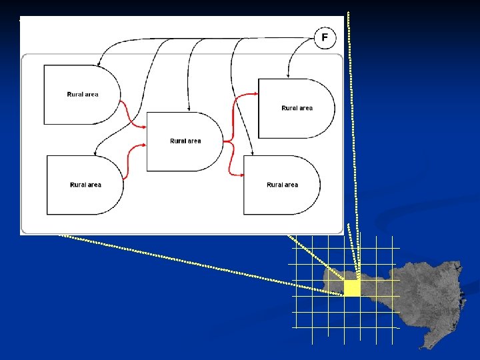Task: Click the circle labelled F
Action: coord(325,37)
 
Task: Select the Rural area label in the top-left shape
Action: coord(83,95)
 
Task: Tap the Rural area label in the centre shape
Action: coord(185,141)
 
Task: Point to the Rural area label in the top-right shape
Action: coord(297,108)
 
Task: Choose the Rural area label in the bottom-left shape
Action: coord(85,185)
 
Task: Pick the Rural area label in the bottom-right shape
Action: coord(282,185)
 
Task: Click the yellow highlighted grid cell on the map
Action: coord(352,288)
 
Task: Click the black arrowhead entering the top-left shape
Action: coord(98,64)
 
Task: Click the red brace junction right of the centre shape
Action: coord(227,141)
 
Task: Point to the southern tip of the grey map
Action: coord(421,347)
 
